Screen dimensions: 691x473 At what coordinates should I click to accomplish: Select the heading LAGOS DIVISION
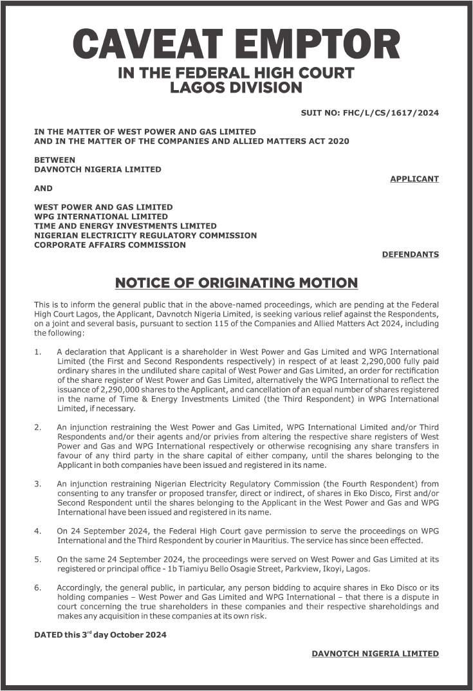236,87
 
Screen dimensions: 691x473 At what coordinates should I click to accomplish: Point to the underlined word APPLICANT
414,178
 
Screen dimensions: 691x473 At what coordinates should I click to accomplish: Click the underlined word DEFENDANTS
410,254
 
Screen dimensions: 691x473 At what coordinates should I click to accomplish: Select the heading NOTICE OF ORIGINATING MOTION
236,282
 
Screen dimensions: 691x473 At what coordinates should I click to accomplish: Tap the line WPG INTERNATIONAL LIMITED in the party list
100,217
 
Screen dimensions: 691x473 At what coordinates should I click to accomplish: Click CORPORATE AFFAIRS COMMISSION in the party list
109,244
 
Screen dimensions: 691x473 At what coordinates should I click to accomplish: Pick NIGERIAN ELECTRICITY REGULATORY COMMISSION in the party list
145,235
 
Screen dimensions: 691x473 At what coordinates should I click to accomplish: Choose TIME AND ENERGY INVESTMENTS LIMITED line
125,226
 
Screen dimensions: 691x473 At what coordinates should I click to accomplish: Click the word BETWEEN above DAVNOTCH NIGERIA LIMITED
54,160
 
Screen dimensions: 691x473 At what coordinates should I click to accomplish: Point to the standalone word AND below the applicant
43,189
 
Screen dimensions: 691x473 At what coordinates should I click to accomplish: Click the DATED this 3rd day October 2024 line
100,634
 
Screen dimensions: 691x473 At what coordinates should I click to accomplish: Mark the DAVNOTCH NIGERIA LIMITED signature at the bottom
375,654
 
